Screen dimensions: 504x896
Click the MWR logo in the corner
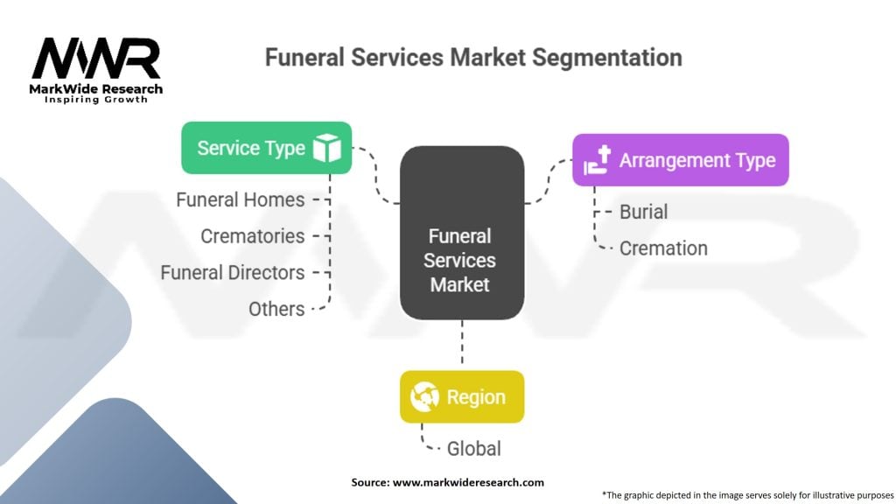(x=96, y=59)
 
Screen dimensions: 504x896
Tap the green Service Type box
(x=266, y=148)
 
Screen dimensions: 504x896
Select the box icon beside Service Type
(x=325, y=148)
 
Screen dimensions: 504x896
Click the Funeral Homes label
(x=240, y=199)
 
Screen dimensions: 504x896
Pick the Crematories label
(x=252, y=236)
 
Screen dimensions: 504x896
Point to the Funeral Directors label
(x=232, y=273)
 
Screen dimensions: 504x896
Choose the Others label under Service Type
(x=276, y=309)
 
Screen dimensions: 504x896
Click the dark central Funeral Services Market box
(x=461, y=232)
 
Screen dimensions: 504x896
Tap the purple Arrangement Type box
(x=680, y=160)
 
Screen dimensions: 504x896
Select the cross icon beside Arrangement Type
(x=598, y=160)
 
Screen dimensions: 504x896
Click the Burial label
(x=643, y=212)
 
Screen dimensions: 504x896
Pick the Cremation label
(x=663, y=248)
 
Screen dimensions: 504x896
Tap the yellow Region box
(x=461, y=396)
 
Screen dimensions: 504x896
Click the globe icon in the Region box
(x=424, y=396)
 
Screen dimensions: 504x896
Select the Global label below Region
(x=473, y=449)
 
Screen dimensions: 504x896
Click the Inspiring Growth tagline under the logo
(x=96, y=100)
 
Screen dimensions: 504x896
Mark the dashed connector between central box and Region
(x=461, y=344)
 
